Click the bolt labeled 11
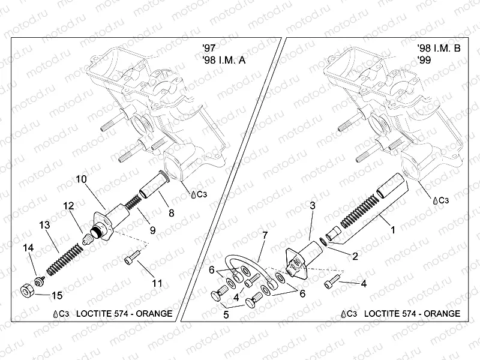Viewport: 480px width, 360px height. tap(133, 260)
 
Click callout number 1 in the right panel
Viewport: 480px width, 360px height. tap(394, 229)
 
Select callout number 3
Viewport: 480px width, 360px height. tap(312, 205)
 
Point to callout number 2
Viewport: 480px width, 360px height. tap(355, 256)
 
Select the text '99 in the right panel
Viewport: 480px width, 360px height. tap(424, 60)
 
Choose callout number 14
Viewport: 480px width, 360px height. tap(28, 248)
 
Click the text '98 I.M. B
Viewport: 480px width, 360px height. tap(439, 48)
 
